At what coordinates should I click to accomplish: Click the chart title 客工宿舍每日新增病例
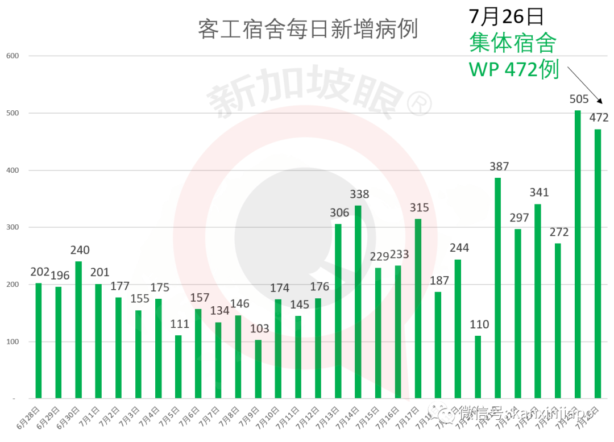(x=308, y=28)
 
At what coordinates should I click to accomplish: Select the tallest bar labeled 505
(x=578, y=254)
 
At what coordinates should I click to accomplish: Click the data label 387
(x=499, y=166)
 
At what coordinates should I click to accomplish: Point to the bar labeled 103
(x=258, y=369)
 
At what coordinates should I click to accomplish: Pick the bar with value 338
(x=358, y=302)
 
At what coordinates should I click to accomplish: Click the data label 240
(x=80, y=250)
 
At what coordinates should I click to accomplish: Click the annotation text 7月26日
(x=505, y=16)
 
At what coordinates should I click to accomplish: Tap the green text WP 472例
(x=513, y=69)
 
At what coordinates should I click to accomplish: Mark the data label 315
(x=419, y=207)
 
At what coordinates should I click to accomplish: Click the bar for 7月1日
(x=98, y=341)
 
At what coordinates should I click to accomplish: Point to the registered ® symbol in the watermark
(x=419, y=104)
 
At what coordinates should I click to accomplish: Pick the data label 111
(x=180, y=324)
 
